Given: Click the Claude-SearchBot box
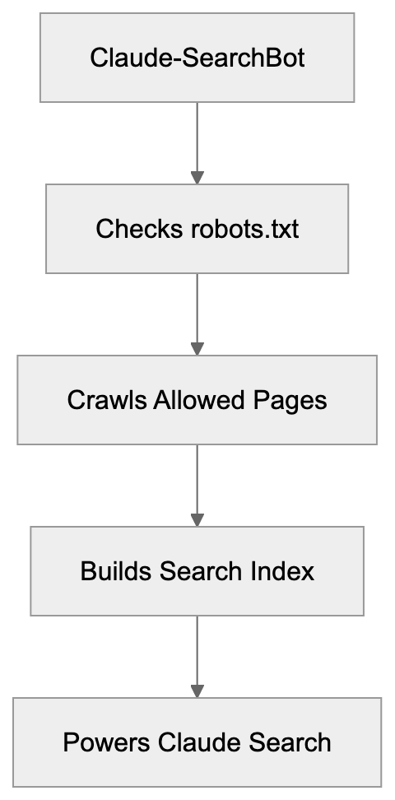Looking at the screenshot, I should (197, 58).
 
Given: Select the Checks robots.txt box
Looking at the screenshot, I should (197, 229).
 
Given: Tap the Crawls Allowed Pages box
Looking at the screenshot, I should (197, 400).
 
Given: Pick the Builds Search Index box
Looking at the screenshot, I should (197, 571).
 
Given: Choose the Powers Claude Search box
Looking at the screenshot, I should (197, 742).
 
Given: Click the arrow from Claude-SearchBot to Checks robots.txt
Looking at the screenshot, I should (197, 143).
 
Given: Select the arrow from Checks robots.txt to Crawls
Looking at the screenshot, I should (197, 314).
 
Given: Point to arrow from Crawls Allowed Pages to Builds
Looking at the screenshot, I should (197, 486).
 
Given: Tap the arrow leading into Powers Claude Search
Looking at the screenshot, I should (197, 657).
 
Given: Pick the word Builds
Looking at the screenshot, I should (110, 571).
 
